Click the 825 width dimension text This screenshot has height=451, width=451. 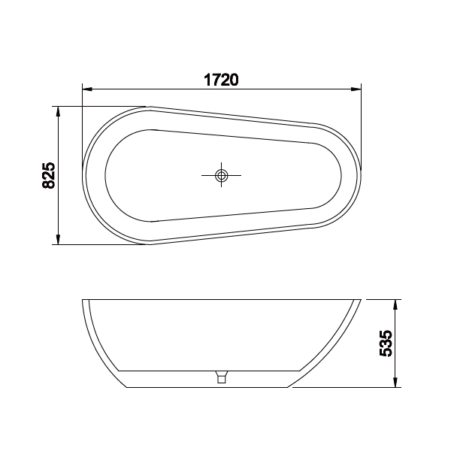tap(47, 175)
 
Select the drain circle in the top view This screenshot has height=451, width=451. tap(221, 176)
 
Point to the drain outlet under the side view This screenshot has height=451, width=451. tap(221, 378)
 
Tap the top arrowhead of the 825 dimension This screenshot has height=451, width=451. tap(59, 110)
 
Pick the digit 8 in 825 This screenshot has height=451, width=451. tap(47, 183)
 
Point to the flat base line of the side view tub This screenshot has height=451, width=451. tap(210, 388)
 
